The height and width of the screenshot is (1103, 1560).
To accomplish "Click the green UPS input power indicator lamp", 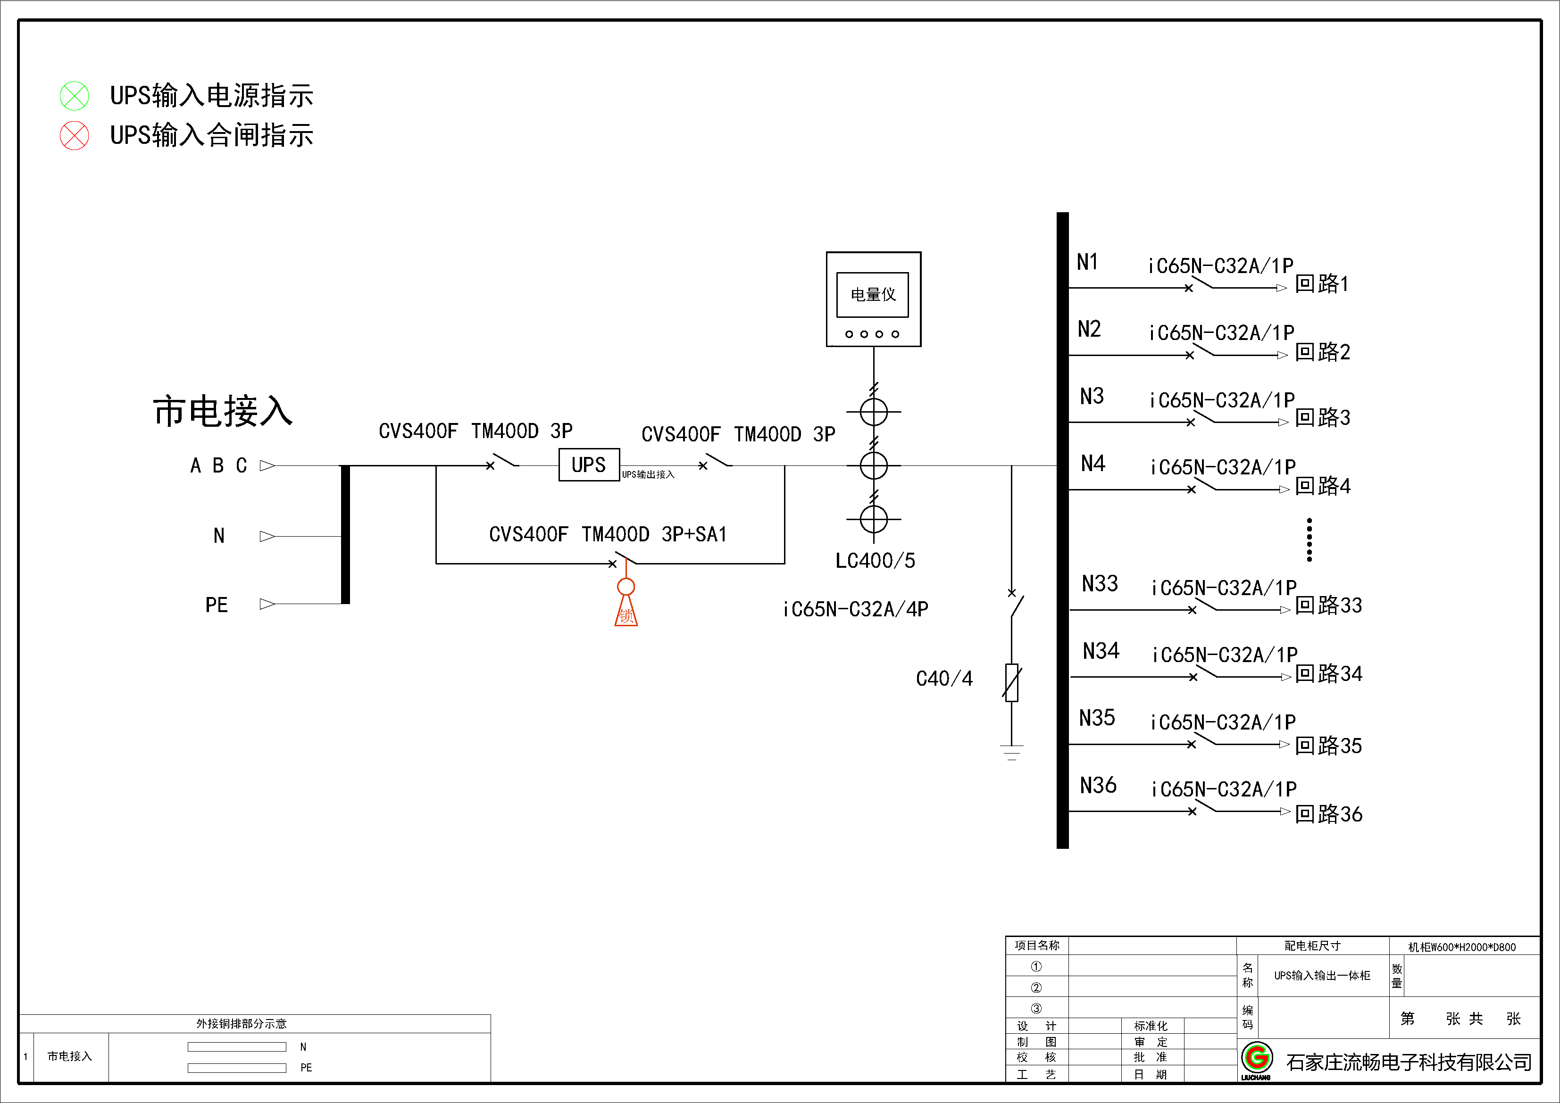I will point(74,96).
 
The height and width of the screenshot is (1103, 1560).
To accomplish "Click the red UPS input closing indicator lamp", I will point(74,135).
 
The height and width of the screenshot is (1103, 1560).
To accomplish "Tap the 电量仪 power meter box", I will point(873,299).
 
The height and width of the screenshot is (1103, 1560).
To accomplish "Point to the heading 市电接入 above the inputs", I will point(223,412).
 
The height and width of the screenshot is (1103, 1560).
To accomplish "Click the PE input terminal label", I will point(217,605).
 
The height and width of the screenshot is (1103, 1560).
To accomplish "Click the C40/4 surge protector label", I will point(944,679).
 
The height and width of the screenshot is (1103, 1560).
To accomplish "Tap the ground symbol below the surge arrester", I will point(1012,752).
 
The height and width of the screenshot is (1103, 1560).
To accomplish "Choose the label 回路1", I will point(1321,284).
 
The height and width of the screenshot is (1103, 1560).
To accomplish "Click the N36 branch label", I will point(1098,785).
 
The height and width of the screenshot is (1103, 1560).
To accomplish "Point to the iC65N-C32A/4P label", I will point(855,609).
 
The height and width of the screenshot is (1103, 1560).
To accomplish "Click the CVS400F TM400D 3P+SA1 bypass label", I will point(608,534).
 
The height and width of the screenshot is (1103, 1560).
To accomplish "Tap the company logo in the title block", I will point(1257,1058).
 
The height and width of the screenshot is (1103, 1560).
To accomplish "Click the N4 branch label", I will point(1093,464).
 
